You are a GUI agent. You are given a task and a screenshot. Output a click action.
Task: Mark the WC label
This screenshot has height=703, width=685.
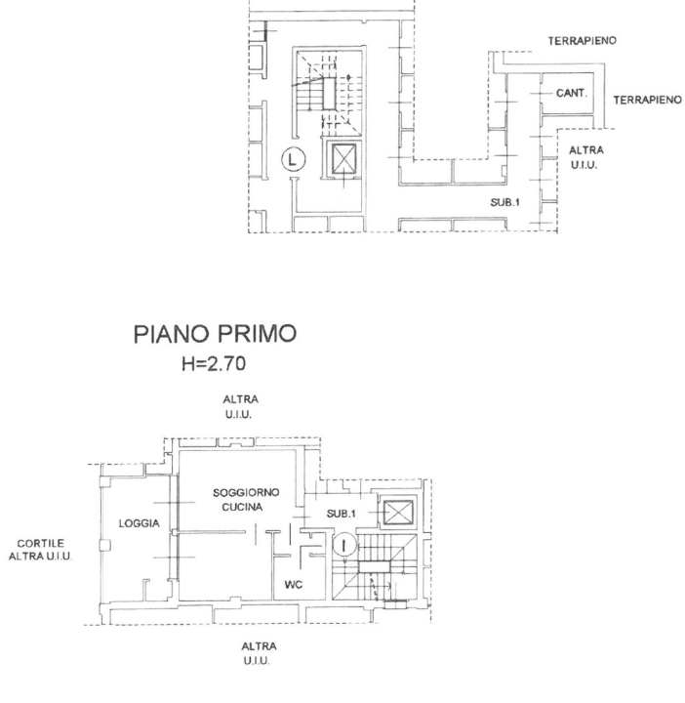(290, 586)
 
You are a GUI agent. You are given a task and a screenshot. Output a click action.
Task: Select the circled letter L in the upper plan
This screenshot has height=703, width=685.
(294, 157)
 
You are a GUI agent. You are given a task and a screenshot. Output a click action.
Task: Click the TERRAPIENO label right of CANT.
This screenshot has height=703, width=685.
(646, 100)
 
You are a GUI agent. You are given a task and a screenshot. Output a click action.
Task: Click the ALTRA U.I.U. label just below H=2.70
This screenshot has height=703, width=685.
(240, 407)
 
